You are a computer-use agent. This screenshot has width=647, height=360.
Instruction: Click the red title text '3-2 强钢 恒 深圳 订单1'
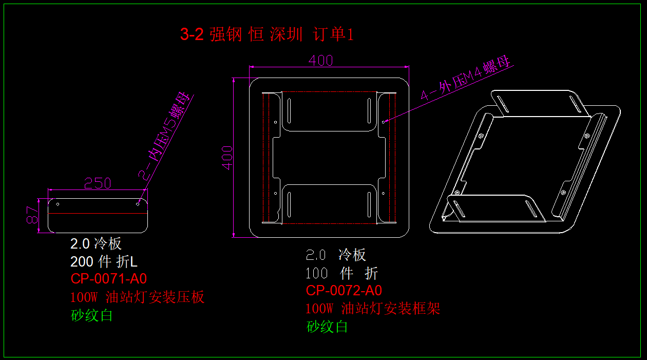point(267,34)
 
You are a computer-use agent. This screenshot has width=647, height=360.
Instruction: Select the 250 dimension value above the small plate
point(98,183)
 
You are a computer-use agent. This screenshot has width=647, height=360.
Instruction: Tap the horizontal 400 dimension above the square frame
point(321,61)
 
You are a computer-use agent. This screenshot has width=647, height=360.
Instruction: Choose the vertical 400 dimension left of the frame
point(227,157)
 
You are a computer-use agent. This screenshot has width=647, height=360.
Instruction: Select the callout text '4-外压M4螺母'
point(466,80)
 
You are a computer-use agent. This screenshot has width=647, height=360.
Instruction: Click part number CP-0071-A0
point(109,279)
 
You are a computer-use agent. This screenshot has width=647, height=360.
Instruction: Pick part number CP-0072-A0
point(344,291)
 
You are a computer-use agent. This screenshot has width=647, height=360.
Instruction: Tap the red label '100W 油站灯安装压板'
point(138,297)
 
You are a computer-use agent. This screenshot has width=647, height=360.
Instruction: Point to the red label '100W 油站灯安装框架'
point(373,309)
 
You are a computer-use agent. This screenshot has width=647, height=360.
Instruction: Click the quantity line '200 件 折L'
point(104,262)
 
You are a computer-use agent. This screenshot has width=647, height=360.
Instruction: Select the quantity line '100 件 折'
point(342,273)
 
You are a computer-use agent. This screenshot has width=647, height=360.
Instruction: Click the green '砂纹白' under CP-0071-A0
point(92,315)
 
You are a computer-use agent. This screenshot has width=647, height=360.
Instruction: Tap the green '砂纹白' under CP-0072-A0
point(327,327)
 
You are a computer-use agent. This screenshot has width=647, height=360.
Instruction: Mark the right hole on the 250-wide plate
point(138,204)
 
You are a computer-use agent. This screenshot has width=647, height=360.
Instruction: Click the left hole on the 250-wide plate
point(58,204)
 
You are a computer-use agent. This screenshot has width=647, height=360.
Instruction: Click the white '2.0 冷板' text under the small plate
point(96,243)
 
